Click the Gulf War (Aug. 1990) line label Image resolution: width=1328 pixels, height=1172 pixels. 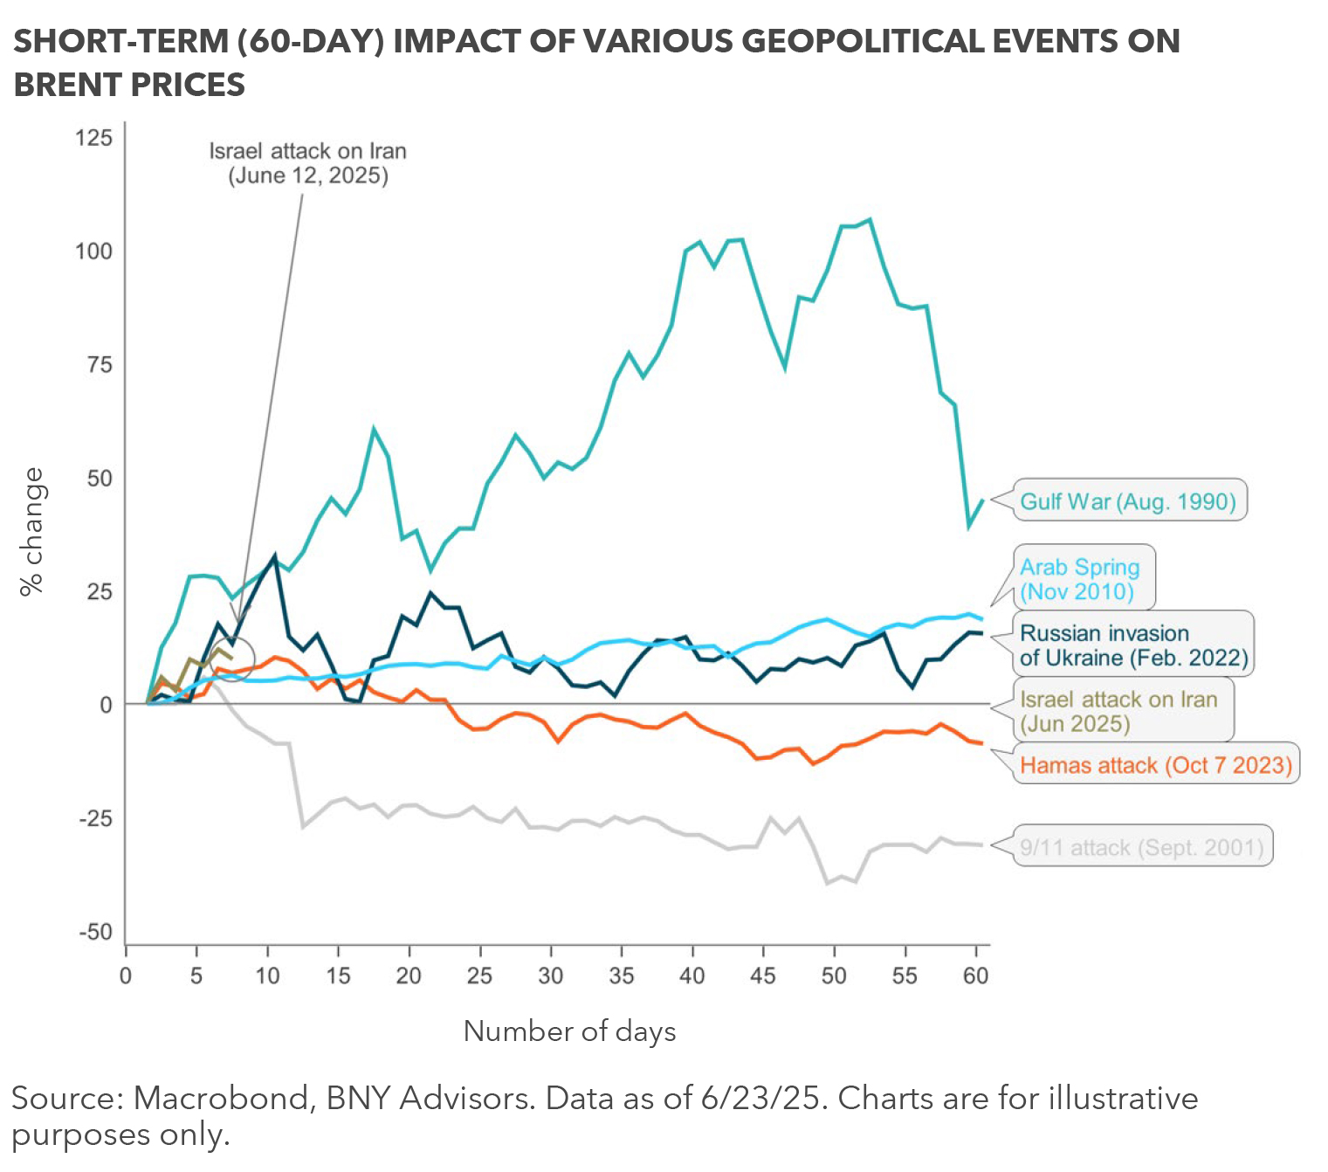point(1128,501)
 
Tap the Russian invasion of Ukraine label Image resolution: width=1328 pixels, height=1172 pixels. point(1133,645)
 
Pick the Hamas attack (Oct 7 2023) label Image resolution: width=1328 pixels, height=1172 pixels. point(1155,765)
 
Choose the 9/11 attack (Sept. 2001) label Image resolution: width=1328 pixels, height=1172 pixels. point(1141,847)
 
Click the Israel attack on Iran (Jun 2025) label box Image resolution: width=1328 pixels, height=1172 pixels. point(1118,711)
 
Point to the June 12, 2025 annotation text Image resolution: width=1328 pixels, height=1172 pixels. point(308,176)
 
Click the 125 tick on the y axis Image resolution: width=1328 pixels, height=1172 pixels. point(94,138)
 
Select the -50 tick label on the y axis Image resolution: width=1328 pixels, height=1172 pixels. point(96,932)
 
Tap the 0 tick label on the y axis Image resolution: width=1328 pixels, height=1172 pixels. point(107,705)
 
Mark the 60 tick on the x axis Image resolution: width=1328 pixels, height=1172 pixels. point(975,976)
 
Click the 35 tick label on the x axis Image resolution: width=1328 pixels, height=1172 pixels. point(621,976)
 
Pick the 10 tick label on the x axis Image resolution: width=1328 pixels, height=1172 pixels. point(267,976)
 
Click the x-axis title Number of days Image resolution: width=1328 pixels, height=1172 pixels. point(569,1031)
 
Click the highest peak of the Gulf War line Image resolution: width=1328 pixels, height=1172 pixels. point(870,220)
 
